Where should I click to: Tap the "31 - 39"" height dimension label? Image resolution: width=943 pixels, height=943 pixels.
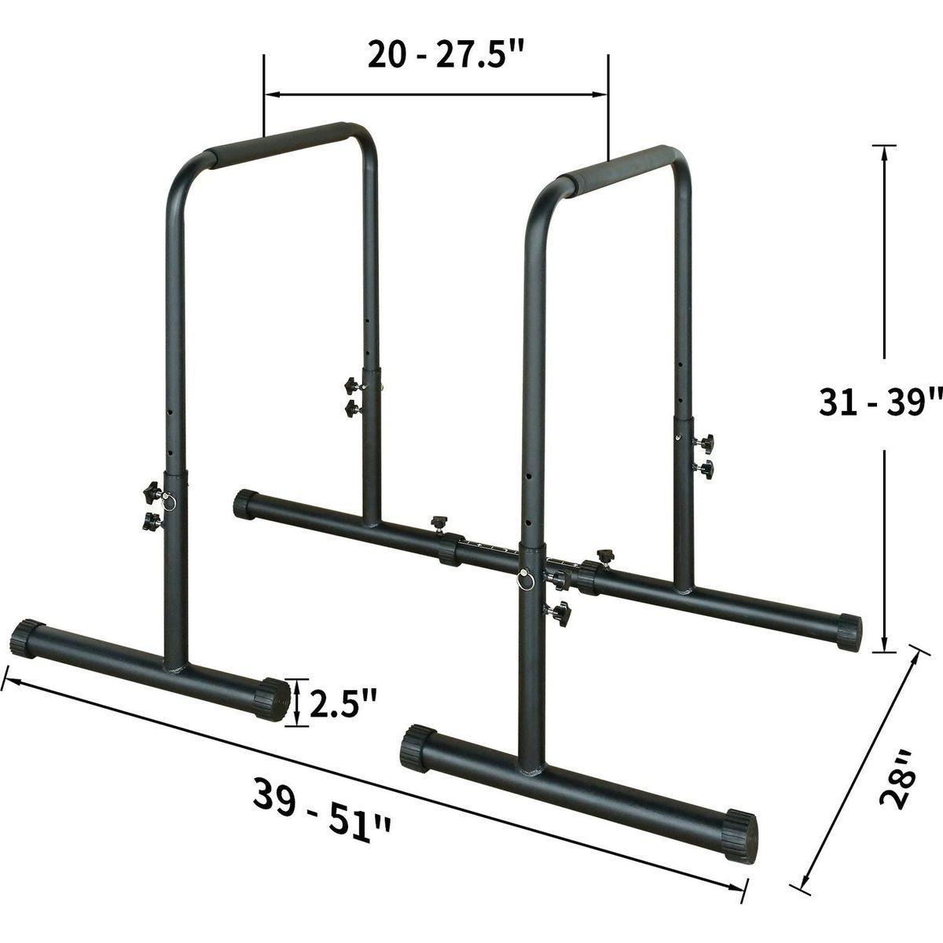click(x=868, y=403)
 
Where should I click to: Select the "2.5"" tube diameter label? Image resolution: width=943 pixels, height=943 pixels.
click(x=343, y=703)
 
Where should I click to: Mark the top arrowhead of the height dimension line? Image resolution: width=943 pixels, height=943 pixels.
click(x=885, y=152)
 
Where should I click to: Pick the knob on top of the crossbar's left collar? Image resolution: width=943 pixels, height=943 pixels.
click(x=438, y=523)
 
